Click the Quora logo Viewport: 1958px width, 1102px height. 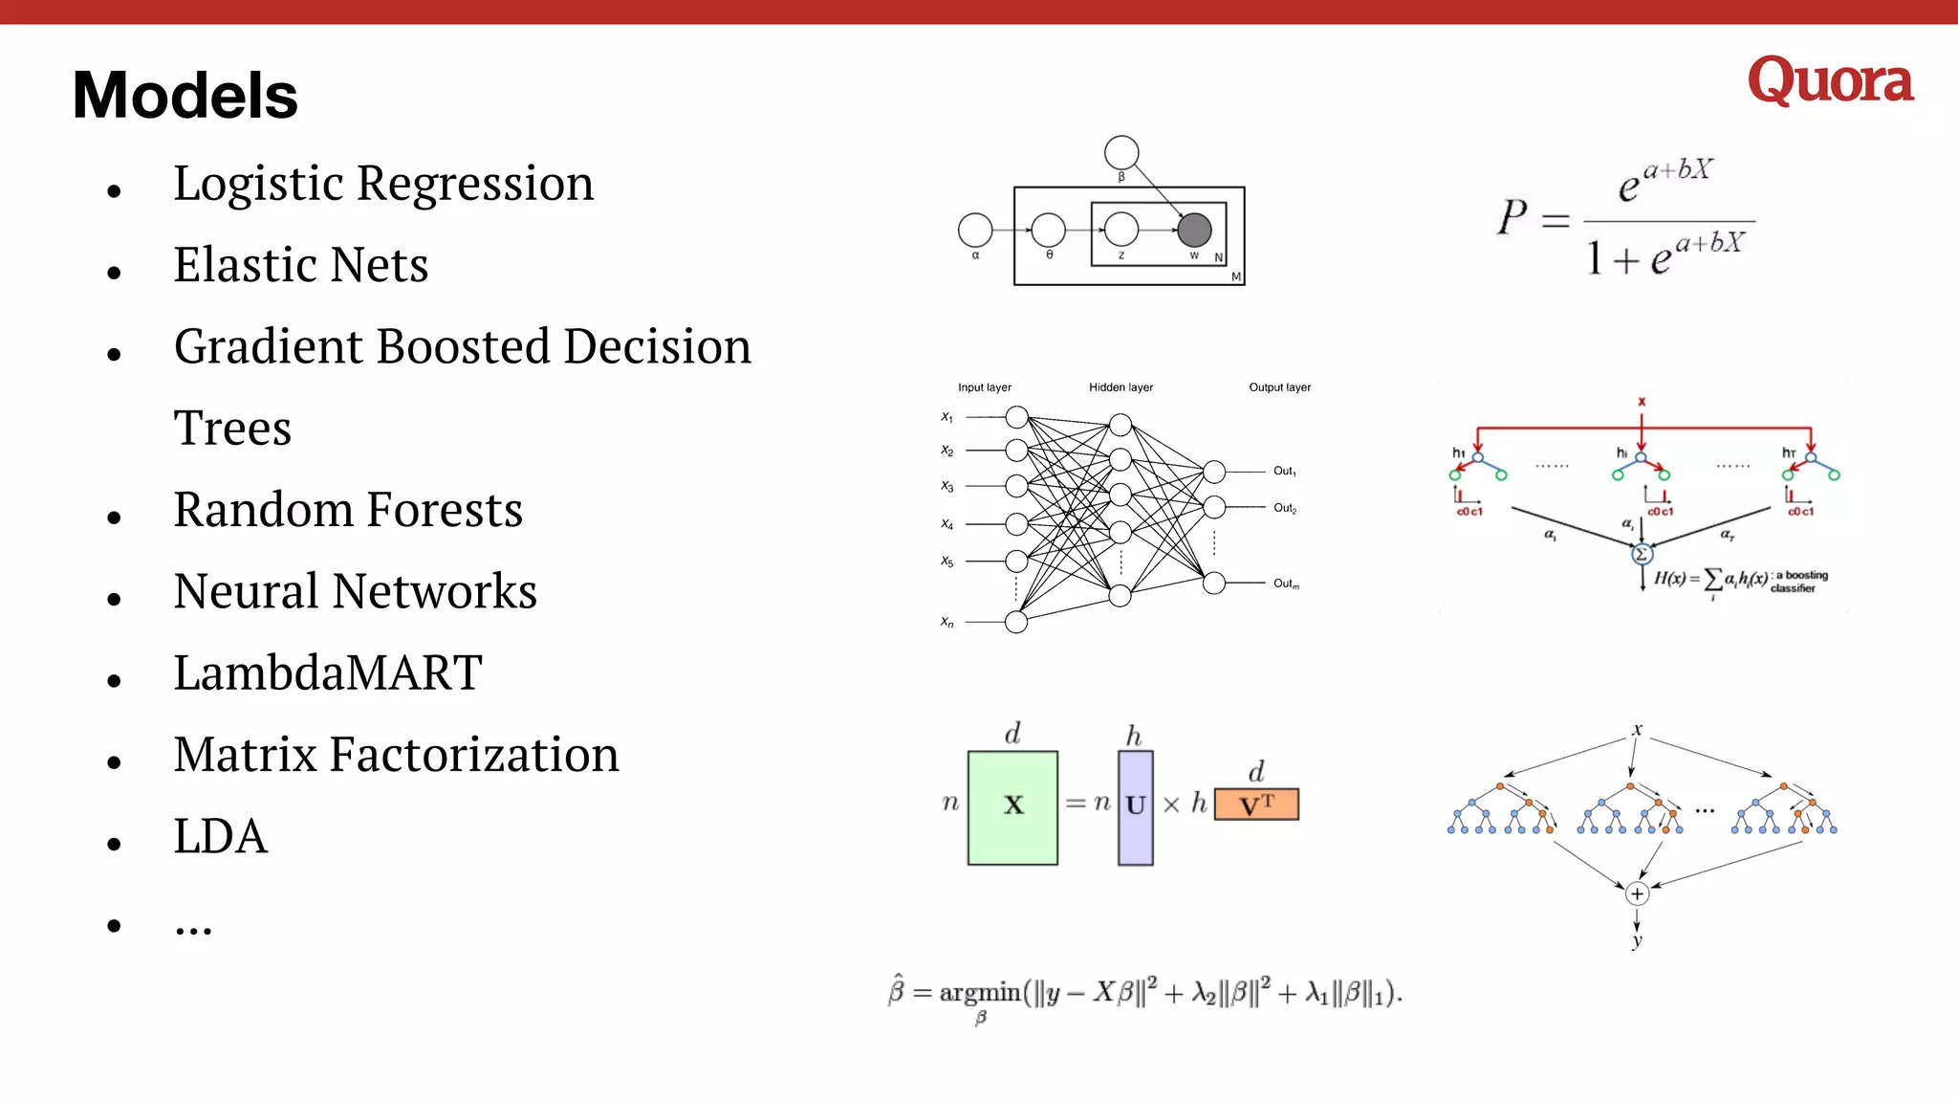(1830, 81)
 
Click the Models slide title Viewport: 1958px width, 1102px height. (185, 96)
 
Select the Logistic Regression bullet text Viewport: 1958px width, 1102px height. (383, 183)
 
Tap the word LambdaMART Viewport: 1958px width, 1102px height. (328, 672)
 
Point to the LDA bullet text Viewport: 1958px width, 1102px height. (221, 836)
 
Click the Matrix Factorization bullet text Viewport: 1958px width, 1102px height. (396, 755)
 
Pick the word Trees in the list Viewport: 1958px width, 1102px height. (232, 428)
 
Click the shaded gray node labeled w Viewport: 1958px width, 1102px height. (1194, 230)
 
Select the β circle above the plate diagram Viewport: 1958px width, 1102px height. (1121, 152)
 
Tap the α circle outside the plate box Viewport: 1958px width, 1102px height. (975, 230)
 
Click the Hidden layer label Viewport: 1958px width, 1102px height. (1120, 387)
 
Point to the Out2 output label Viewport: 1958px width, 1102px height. (1285, 508)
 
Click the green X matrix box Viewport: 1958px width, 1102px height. (1012, 807)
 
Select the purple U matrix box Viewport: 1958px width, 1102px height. (1135, 807)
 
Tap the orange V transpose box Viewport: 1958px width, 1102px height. (1256, 804)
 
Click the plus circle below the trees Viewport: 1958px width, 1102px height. (1637, 893)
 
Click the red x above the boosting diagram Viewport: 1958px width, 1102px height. (1642, 402)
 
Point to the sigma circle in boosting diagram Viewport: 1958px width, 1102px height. (1642, 554)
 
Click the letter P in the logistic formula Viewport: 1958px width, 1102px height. (1512, 217)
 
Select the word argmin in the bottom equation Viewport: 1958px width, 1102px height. (980, 993)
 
